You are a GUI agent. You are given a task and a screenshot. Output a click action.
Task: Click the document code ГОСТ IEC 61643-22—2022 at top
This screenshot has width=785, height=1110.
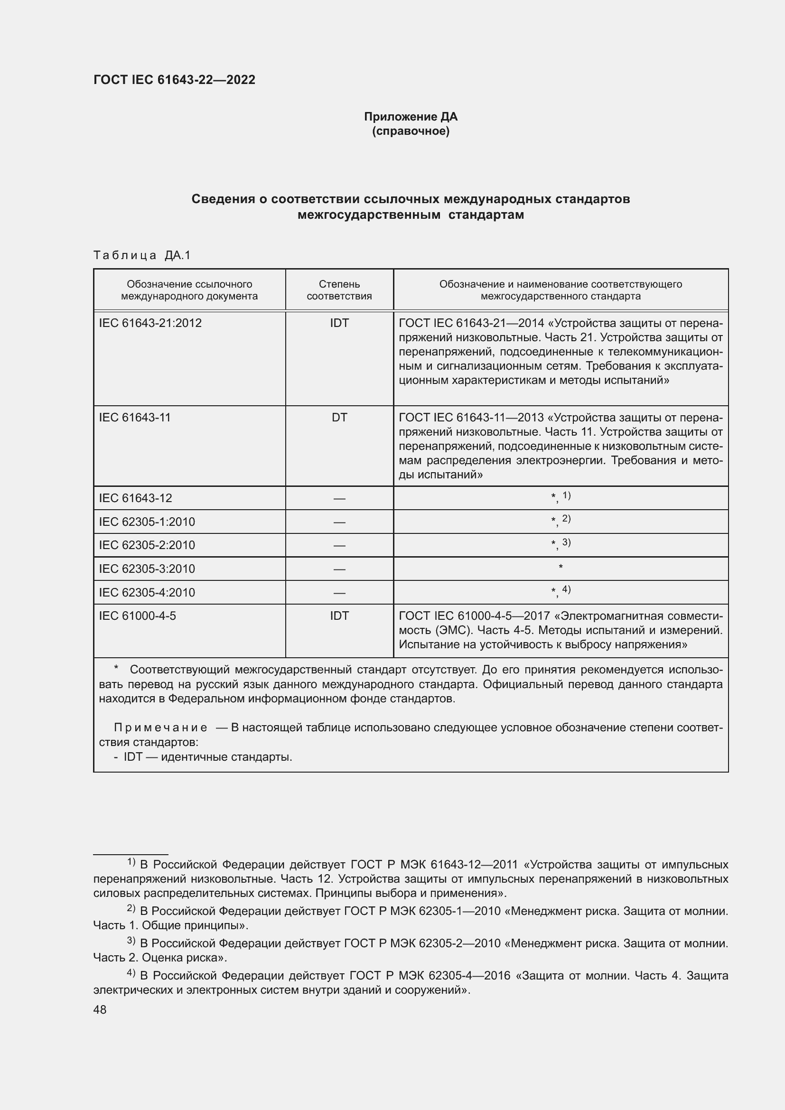174,80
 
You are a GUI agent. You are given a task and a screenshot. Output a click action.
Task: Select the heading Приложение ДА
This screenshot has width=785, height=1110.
411,117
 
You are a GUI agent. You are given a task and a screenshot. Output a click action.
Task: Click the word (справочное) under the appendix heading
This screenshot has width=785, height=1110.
411,131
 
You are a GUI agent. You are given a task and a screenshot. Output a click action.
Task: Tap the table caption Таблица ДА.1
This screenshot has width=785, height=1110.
141,255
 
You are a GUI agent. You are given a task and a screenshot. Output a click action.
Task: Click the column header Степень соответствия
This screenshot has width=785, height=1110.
339,290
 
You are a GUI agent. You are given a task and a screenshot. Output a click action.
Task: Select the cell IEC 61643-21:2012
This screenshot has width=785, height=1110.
150,323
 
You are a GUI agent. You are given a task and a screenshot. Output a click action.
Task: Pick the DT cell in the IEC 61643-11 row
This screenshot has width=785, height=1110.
339,417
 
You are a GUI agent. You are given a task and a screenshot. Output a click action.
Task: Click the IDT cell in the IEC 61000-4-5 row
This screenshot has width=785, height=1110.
339,616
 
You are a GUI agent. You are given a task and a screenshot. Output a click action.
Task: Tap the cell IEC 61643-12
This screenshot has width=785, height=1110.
135,498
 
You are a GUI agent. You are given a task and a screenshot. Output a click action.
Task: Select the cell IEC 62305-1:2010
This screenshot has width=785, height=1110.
147,522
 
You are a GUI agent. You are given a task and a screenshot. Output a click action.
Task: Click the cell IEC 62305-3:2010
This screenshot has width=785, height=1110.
147,569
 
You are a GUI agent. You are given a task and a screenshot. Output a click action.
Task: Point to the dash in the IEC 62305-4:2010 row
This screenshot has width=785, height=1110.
339,593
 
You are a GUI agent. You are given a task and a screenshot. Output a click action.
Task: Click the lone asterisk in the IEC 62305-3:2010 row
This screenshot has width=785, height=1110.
560,567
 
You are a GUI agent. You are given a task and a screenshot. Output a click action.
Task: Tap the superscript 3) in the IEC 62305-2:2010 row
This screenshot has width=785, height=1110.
566,542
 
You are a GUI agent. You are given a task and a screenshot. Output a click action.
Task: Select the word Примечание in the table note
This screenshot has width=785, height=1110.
160,728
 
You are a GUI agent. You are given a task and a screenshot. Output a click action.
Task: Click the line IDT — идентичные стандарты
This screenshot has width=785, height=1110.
207,756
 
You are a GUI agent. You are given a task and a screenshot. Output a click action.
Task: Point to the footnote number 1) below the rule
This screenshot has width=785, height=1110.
131,862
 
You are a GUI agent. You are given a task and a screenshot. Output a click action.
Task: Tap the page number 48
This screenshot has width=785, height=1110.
100,1010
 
